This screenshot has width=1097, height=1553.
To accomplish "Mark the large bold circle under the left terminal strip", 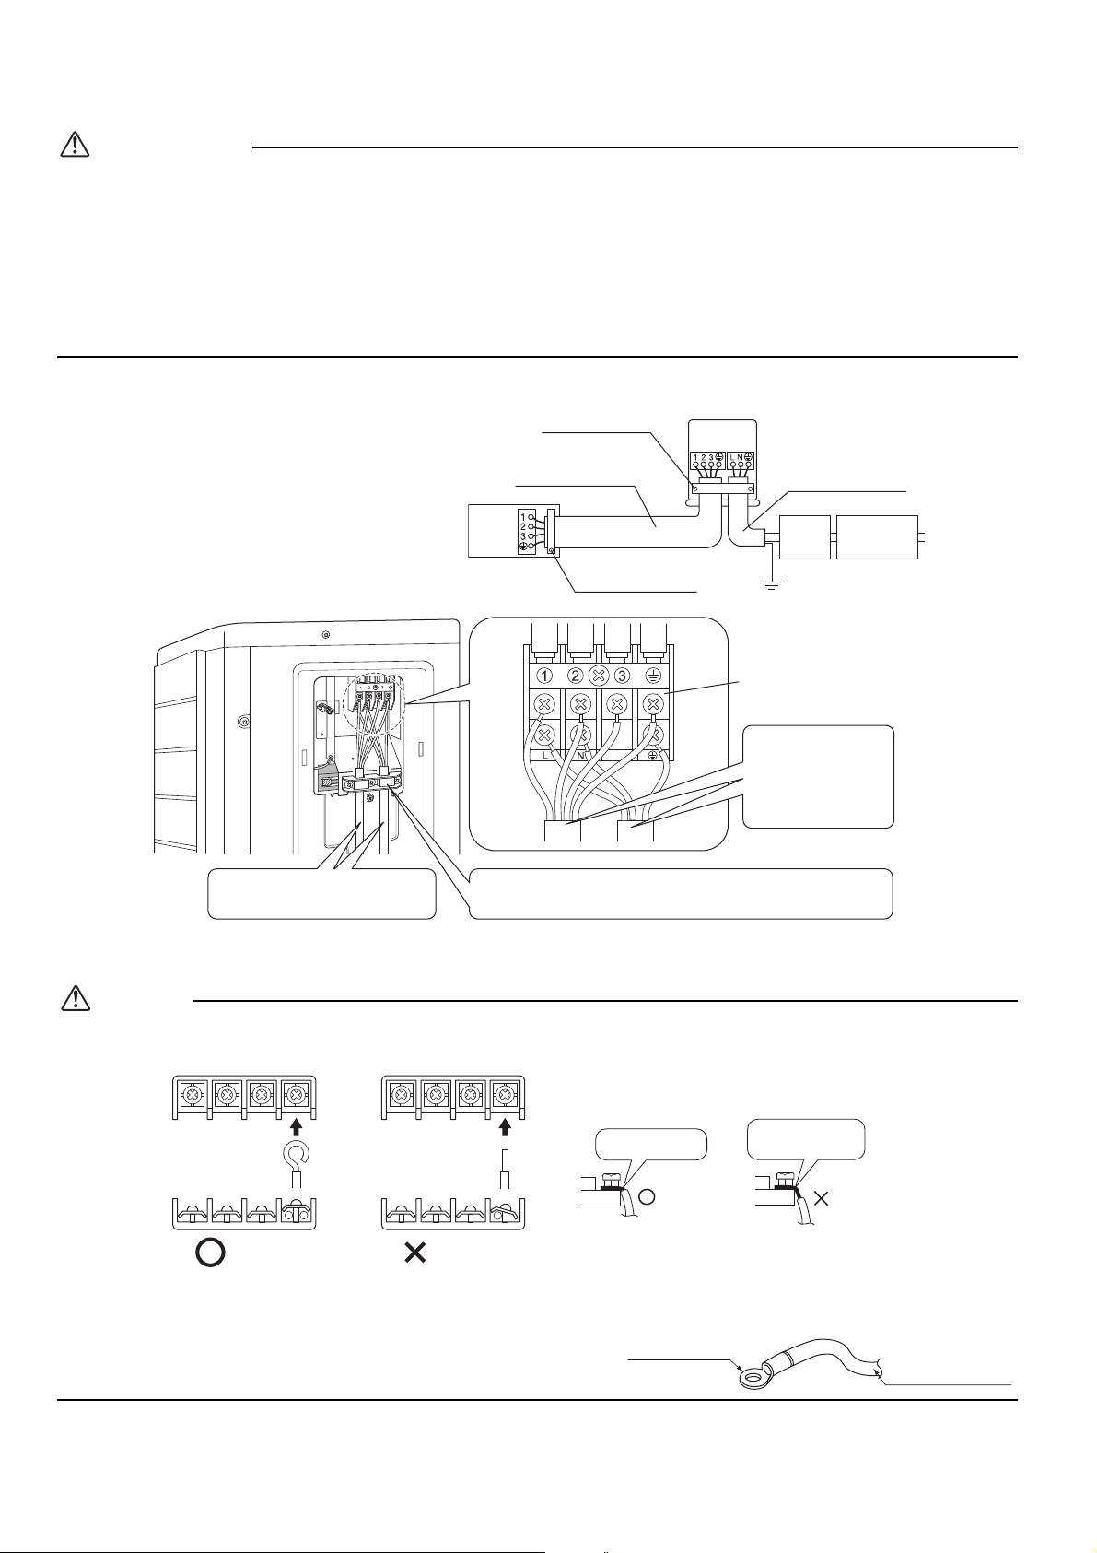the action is click(x=211, y=1253).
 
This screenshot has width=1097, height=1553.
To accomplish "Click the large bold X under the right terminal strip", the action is click(x=415, y=1253).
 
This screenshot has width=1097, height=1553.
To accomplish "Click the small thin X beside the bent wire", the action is click(x=823, y=1199).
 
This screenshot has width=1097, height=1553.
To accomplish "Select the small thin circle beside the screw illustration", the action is click(x=648, y=1199).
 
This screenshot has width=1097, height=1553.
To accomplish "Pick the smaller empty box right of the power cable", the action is click(x=805, y=537).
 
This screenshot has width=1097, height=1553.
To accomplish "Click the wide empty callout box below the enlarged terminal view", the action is click(x=681, y=893).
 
